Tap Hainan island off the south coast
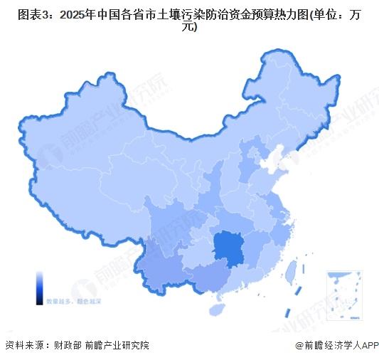216,310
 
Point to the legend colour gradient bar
40,287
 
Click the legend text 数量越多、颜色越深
68,302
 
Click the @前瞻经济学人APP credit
334,346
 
